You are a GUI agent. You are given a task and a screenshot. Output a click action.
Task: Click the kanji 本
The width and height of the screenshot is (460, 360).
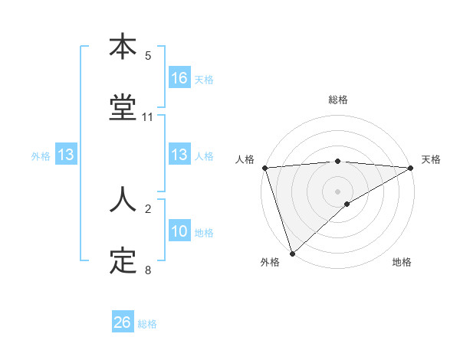123,47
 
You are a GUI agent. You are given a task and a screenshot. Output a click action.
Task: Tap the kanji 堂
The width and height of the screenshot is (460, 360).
123,109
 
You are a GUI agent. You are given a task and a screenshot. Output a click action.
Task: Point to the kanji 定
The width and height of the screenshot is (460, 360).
123,262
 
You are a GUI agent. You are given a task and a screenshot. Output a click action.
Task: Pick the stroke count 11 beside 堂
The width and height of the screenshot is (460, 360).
148,117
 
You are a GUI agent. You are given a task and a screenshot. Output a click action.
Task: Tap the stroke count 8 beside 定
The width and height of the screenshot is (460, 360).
148,270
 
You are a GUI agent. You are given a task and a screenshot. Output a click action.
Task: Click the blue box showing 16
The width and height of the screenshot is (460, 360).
179,78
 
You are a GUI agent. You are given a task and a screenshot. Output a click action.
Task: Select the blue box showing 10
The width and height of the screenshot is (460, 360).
179,231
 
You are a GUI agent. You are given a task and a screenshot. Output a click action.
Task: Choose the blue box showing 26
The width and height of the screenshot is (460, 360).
123,322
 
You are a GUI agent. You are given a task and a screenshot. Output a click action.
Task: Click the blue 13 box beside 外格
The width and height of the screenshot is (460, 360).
65,155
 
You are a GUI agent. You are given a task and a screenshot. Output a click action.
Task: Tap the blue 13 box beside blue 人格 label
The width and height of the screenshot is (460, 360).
179,155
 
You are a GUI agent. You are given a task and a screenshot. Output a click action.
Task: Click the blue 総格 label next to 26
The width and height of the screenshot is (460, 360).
147,324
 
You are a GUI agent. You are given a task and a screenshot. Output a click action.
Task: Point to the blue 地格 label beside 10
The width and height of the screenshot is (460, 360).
204,232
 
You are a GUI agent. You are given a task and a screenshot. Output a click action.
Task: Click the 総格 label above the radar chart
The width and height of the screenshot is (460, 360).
338,100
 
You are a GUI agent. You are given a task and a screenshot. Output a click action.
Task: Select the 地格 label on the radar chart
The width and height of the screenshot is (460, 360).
402,262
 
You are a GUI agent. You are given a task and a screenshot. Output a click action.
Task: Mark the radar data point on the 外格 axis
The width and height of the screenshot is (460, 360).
292,253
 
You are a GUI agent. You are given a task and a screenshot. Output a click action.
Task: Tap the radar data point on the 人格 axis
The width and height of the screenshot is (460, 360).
264,168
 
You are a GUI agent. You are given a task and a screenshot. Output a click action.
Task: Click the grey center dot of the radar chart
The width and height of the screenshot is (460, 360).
338,191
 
